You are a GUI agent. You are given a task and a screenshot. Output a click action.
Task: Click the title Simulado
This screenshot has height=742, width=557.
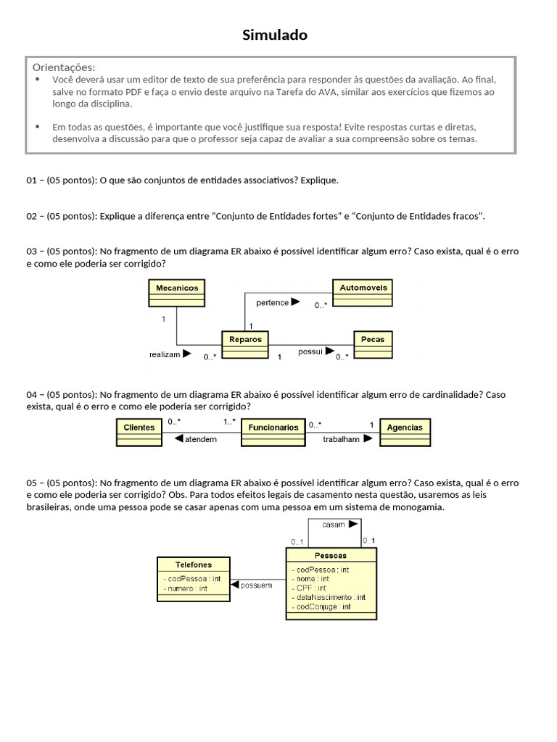[275, 35]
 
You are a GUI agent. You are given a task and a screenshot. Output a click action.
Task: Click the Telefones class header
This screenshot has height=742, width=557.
[194, 564]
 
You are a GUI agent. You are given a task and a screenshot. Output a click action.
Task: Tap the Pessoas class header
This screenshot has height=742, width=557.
[331, 556]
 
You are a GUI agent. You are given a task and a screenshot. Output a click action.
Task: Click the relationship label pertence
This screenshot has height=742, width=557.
[273, 303]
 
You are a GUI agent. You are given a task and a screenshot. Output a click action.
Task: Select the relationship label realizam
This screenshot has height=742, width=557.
[165, 354]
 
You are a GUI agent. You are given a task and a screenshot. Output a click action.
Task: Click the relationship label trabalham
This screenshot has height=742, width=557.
[342, 440]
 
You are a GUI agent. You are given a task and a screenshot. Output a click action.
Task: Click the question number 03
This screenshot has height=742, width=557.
[32, 251]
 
